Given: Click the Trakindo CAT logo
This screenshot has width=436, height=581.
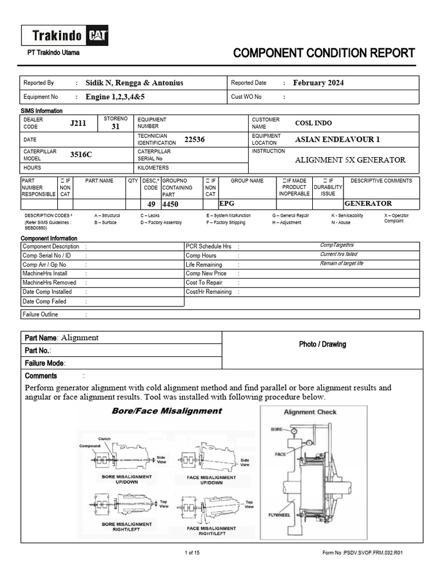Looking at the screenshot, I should point(65,36).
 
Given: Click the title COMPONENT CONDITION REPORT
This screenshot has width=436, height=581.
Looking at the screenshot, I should point(324,53).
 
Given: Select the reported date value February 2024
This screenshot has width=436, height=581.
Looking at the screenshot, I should point(318,83).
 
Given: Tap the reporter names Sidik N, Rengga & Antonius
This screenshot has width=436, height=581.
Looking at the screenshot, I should point(134,83).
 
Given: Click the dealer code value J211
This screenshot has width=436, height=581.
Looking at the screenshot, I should point(78,123).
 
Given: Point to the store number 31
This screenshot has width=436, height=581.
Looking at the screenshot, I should point(115,127).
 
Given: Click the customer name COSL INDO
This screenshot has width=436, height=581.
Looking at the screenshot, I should point(313,123).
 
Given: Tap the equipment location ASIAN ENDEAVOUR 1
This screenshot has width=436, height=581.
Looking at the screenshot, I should point(337,140).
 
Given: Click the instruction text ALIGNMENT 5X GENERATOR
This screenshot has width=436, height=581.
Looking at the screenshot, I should point(350,160).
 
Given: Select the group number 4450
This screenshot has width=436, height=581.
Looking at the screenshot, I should point(170,204).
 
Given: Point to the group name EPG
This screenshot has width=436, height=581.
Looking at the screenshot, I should point(227,203).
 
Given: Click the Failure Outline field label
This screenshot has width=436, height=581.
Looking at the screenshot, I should point(40,314).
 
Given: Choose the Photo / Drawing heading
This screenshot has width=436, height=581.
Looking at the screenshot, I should point(322,344).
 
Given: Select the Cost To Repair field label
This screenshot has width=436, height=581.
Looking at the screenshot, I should point(204,283).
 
